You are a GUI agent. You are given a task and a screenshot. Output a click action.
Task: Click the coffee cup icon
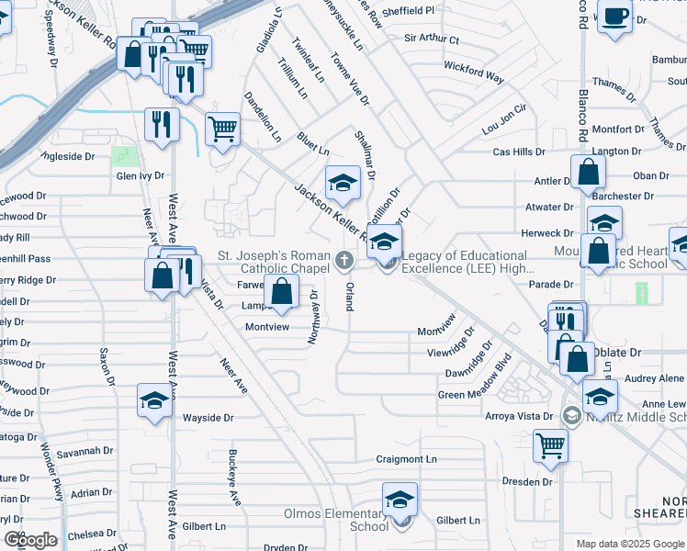[614, 17]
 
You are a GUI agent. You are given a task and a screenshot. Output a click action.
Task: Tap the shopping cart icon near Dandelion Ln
[222, 129]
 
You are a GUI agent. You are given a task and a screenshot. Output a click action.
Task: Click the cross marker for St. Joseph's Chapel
[344, 262]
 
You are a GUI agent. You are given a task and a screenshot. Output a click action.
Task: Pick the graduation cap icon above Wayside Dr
[154, 400]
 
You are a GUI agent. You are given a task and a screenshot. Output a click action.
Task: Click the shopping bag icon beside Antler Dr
[588, 172]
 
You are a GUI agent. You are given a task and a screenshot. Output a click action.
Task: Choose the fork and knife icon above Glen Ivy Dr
[162, 124]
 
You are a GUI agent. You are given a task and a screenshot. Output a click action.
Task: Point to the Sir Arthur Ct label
[432, 40]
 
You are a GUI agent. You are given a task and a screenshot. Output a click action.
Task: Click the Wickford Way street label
[474, 73]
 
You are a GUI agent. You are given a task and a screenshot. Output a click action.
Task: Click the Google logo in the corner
[29, 540]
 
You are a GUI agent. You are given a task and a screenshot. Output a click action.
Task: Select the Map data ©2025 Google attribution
[629, 544]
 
